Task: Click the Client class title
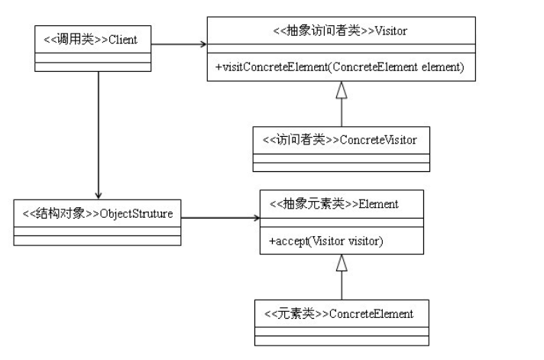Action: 91,40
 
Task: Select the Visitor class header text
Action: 340,31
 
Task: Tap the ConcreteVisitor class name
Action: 340,140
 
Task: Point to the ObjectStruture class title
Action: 98,213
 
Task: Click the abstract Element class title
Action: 334,204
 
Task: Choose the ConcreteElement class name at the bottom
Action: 338,314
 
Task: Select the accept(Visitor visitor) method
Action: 325,241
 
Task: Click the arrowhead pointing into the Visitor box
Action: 203,44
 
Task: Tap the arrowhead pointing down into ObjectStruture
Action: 99,196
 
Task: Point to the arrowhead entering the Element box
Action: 257,218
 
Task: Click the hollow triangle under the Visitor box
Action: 342,90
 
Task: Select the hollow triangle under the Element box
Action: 342,263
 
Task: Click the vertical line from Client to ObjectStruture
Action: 99,135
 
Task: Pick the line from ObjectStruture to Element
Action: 220,218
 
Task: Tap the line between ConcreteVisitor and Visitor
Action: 342,112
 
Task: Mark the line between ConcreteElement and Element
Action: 342,285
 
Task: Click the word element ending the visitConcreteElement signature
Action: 442,66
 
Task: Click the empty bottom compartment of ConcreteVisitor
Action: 342,167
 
